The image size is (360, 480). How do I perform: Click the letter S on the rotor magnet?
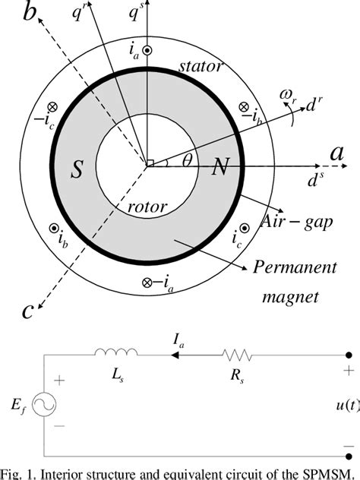(x=77, y=170)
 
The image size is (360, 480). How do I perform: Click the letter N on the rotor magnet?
(x=219, y=167)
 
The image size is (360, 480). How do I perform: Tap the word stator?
(x=201, y=67)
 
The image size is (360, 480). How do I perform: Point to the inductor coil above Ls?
(x=116, y=352)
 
